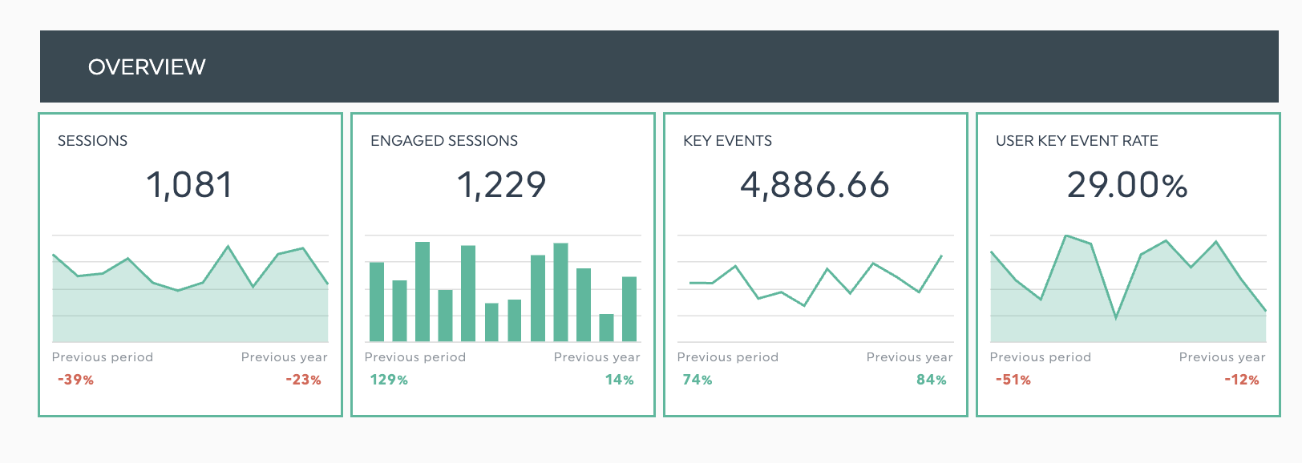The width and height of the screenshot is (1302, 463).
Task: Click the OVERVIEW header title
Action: [x=147, y=67]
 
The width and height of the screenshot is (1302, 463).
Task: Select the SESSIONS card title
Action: [x=92, y=141]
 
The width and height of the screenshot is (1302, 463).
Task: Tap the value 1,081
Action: [x=189, y=185]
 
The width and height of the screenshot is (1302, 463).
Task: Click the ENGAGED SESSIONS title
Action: [x=443, y=141]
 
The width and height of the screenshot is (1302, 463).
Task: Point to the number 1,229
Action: [x=502, y=185]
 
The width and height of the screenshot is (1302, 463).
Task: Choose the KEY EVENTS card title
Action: [x=727, y=141]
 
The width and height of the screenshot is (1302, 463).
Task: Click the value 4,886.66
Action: [x=815, y=185]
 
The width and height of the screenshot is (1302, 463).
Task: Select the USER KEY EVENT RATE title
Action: [x=1077, y=141]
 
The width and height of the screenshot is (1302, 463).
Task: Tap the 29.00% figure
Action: [x=1127, y=185]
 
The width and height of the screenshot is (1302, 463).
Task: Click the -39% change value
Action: [x=75, y=380]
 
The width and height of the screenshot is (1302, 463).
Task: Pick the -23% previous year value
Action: [x=303, y=380]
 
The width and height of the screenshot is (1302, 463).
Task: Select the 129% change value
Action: [x=389, y=380]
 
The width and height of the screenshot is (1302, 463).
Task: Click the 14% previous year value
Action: [x=619, y=380]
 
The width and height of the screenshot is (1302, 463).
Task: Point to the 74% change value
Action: [x=697, y=380]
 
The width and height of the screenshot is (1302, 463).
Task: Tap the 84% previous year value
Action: [x=932, y=380]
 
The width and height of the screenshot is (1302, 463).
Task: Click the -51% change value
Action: [x=1013, y=380]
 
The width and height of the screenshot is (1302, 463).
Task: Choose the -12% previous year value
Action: [x=1241, y=380]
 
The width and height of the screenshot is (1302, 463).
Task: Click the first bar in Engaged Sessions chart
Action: [x=377, y=302]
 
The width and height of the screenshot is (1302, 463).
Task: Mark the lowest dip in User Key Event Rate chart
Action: [x=1115, y=317]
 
